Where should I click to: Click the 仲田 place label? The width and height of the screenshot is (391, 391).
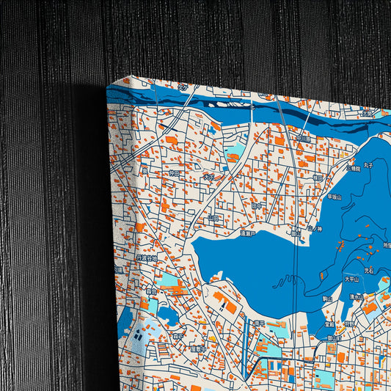coord(174,173)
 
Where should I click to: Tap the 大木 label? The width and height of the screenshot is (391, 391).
coord(209,176)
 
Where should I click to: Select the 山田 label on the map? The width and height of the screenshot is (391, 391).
coord(213,218)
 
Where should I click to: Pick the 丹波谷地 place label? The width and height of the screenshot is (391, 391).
coord(147,259)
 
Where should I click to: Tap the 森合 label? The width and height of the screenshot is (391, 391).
coord(151,291)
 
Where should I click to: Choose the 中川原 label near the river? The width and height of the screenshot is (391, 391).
coord(304,138)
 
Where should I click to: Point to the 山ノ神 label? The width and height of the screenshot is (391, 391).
coord(315,229)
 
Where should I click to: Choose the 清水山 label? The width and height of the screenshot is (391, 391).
coord(357,297)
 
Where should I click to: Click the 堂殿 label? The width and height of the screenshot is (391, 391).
coord(330,324)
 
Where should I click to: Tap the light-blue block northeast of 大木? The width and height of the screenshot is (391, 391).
coord(235,151)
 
